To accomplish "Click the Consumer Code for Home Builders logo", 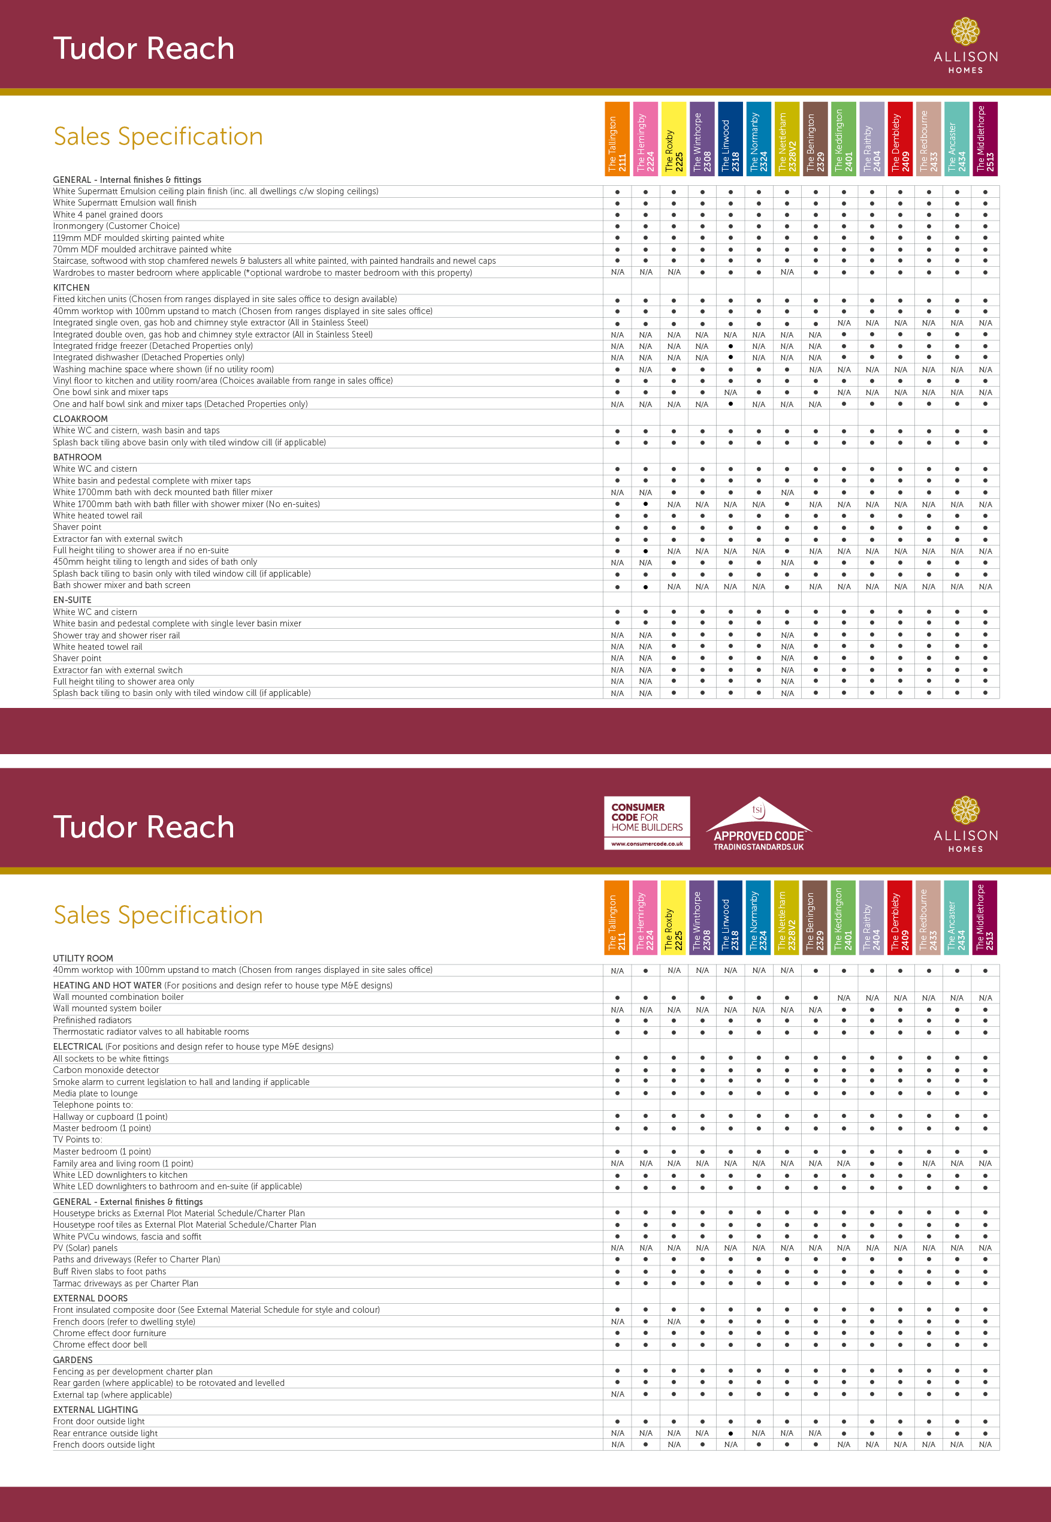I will (647, 822).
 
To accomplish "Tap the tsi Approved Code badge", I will (759, 825).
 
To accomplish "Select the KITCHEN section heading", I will (71, 288).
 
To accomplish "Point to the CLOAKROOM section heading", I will (80, 419).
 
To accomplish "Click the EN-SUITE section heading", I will (72, 600).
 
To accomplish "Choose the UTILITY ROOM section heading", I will (83, 959).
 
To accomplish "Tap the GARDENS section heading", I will (73, 1360).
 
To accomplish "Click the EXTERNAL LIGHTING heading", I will (95, 1409).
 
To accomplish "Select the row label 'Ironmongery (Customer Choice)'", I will (117, 226).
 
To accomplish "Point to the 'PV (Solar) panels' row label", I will (86, 1248).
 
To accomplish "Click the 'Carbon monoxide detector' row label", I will (106, 1070).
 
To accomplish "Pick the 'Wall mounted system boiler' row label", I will (107, 1008).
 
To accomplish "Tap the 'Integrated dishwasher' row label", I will (149, 358).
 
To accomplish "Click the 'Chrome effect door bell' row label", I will (100, 1345).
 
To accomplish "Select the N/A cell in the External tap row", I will (617, 1394).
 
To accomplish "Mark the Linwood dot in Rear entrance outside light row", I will (730, 1433).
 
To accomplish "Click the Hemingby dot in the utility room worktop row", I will (645, 971).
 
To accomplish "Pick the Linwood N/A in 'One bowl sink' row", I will (730, 393).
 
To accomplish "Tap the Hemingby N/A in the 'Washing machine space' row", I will (645, 369).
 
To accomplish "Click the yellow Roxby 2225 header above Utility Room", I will (674, 917).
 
